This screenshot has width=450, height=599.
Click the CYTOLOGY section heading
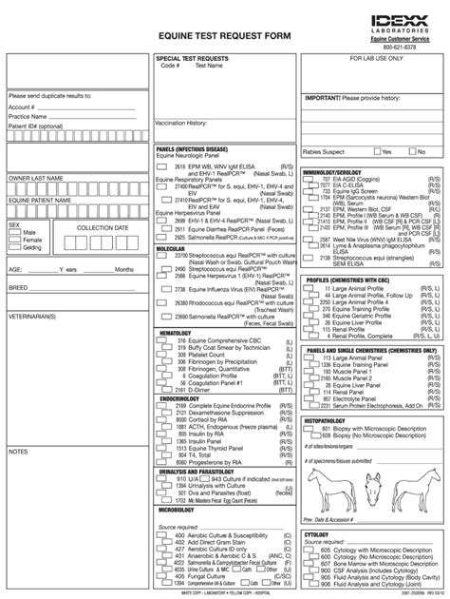(316, 534)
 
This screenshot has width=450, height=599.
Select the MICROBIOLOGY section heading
(178, 510)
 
